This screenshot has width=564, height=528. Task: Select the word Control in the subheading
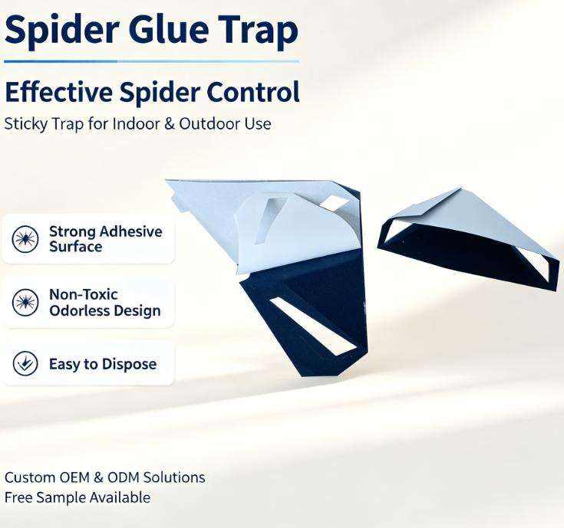coord(253,92)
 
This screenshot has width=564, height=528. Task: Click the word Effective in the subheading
coord(59,92)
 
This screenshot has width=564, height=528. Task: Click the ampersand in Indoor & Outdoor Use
coord(170,124)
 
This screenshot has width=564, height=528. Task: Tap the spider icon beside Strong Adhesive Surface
coord(25,239)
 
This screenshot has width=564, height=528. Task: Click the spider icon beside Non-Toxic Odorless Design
coord(25,303)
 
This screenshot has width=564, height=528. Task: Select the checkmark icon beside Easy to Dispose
coord(25,363)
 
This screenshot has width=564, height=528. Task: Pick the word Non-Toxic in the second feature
coord(84,294)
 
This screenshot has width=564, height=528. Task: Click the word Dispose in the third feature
coord(129,364)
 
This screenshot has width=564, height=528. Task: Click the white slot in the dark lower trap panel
coord(312,326)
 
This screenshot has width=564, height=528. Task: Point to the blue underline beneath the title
coord(151,61)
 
